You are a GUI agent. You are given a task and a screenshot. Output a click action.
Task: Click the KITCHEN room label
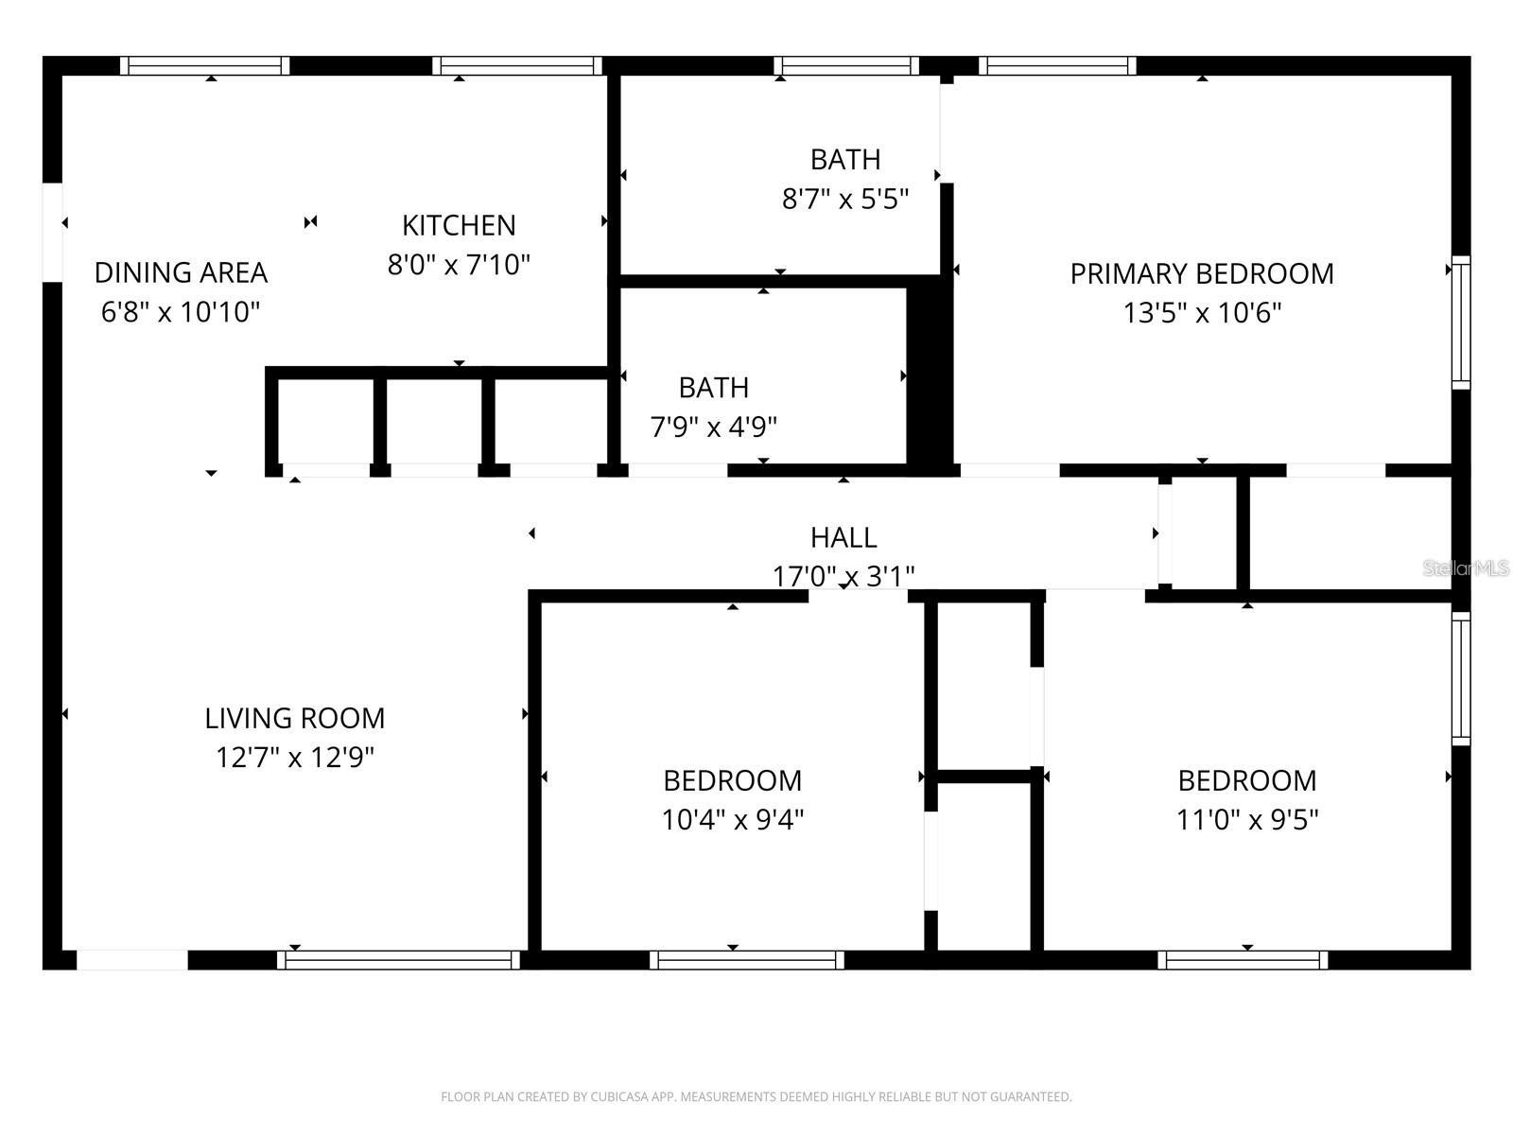point(459,225)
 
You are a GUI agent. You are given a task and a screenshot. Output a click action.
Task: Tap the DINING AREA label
point(181,272)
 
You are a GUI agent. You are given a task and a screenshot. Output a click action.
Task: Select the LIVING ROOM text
point(294,718)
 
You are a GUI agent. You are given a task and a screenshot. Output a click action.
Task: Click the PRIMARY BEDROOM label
point(1201,273)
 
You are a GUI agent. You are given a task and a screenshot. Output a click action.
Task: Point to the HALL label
point(843,537)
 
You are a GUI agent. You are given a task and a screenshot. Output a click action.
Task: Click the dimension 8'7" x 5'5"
point(844,199)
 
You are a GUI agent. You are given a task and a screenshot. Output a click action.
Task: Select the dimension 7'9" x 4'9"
point(713,427)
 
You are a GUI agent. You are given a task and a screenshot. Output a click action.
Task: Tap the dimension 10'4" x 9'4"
point(732,819)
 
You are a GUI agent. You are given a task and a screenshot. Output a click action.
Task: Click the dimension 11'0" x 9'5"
point(1246,819)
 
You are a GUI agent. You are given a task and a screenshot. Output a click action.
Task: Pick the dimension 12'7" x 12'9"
point(294,758)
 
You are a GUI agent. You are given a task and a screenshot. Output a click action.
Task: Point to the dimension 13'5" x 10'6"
point(1201,312)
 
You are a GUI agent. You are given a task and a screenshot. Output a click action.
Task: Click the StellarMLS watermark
point(1466,567)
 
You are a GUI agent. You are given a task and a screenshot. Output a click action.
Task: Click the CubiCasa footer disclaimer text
point(756,1097)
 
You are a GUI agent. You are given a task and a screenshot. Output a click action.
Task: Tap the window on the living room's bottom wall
point(398,960)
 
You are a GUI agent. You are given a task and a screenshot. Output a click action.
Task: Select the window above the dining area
point(205,65)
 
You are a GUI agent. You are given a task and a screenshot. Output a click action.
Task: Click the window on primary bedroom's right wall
point(1461,322)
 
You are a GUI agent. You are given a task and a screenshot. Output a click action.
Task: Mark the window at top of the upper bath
point(846,65)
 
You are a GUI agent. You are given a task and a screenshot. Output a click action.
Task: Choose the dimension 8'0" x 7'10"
point(459,264)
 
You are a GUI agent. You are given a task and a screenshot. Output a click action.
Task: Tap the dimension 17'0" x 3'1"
point(843,575)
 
